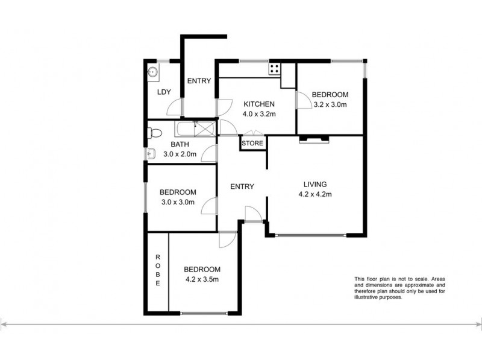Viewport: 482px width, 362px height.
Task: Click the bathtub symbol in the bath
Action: [195, 129]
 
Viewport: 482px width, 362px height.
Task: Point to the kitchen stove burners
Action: [274, 68]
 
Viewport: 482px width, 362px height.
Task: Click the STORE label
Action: [252, 144]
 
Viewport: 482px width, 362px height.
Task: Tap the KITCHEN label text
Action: [258, 104]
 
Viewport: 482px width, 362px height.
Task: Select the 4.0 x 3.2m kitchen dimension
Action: [258, 113]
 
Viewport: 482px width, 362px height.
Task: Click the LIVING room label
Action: [315, 184]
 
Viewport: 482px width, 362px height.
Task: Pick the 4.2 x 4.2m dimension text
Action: [315, 194]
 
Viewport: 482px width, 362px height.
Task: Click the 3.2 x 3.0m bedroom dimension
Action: [330, 104]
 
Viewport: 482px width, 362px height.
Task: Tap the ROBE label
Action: [158, 270]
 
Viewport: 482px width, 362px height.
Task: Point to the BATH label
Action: [180, 144]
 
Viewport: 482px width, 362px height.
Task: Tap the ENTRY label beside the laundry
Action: [198, 81]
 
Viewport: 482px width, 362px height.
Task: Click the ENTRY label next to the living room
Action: [242, 186]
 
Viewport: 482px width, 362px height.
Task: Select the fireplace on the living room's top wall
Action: [315, 139]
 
